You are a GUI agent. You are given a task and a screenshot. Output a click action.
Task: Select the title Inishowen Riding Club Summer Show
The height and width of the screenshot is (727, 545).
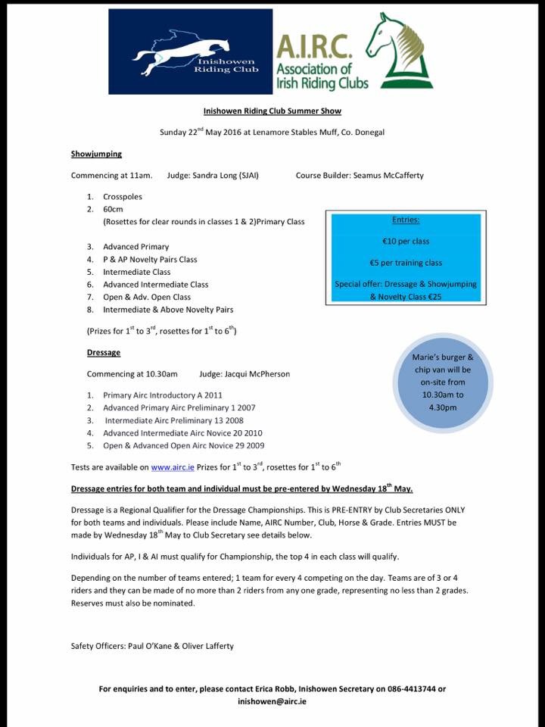click(x=272, y=111)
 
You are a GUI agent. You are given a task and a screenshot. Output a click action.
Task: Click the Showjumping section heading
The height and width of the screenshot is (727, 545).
click(x=96, y=153)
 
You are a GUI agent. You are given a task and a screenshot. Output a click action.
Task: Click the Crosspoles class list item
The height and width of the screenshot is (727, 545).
click(x=123, y=197)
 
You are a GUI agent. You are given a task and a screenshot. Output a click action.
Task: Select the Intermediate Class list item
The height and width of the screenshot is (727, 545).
click(x=137, y=271)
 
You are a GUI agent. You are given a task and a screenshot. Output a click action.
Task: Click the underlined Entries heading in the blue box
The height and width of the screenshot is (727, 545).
click(x=405, y=220)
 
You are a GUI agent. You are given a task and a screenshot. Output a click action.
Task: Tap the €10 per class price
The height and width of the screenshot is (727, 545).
click(x=405, y=242)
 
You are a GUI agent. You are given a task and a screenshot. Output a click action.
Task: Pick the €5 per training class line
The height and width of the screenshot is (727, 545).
click(x=405, y=263)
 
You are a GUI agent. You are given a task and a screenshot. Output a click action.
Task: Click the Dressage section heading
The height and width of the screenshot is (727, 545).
click(x=104, y=352)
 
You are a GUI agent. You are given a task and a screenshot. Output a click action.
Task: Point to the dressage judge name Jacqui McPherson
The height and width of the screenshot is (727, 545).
click(x=254, y=374)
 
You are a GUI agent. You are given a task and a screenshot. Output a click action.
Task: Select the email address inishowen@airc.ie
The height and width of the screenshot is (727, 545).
click(x=272, y=701)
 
